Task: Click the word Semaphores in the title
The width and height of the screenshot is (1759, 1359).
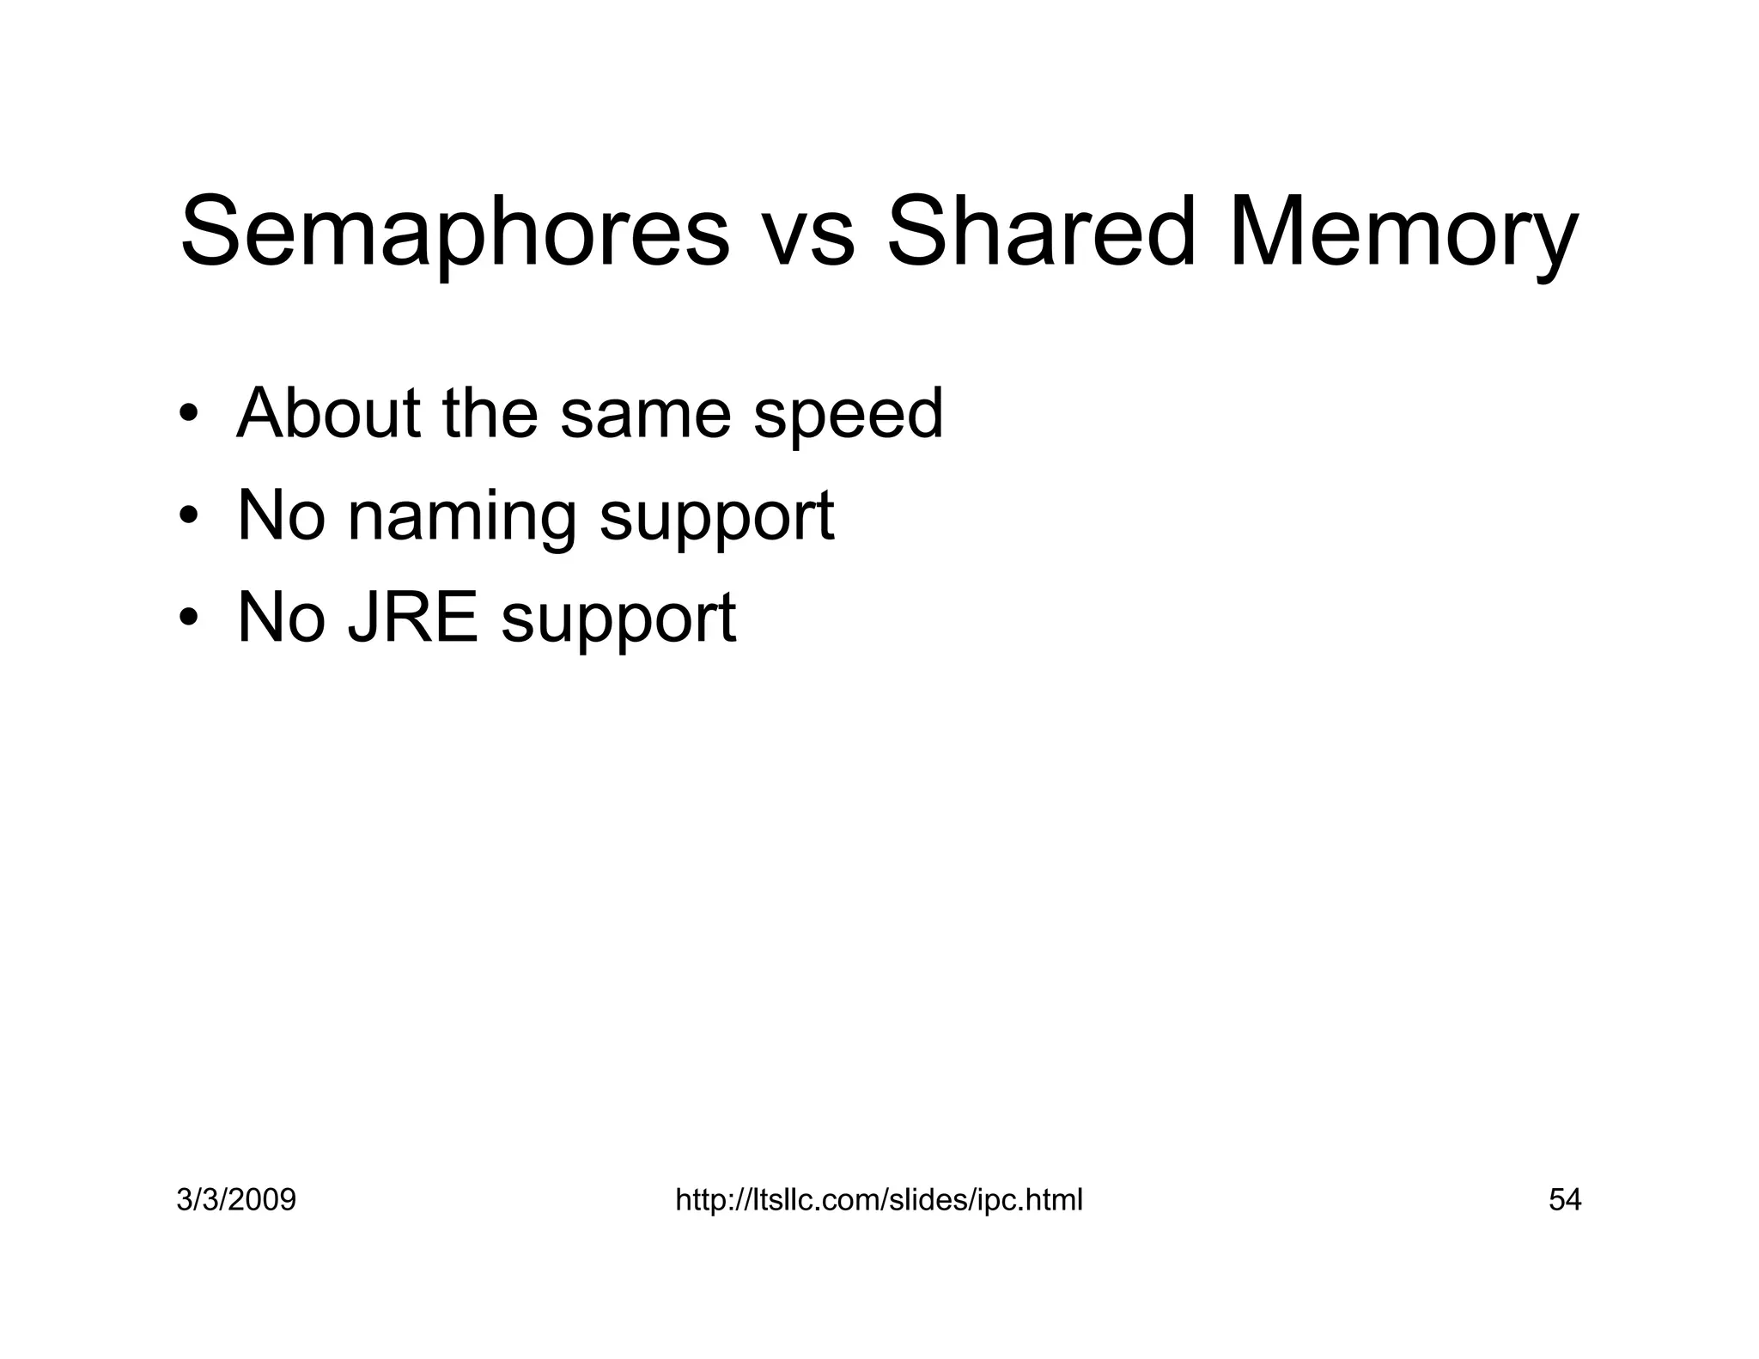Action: (x=454, y=232)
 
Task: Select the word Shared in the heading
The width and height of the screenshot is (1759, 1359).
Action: (x=1040, y=232)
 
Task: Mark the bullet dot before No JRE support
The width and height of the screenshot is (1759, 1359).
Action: (x=188, y=618)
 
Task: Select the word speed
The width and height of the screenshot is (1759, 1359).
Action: (x=848, y=417)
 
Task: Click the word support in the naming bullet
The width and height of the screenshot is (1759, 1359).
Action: (x=716, y=519)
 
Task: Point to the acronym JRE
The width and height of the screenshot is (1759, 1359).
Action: (x=412, y=617)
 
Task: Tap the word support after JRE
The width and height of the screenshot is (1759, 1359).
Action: (x=618, y=620)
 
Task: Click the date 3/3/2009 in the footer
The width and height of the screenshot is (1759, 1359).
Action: (x=236, y=1199)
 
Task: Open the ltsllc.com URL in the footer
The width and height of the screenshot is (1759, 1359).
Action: (x=879, y=1199)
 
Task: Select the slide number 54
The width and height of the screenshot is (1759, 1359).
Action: (x=1564, y=1199)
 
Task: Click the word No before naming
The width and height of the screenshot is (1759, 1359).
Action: (x=281, y=515)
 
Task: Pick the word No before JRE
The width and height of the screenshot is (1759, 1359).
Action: (x=281, y=617)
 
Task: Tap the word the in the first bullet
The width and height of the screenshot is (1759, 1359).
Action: (x=490, y=413)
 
